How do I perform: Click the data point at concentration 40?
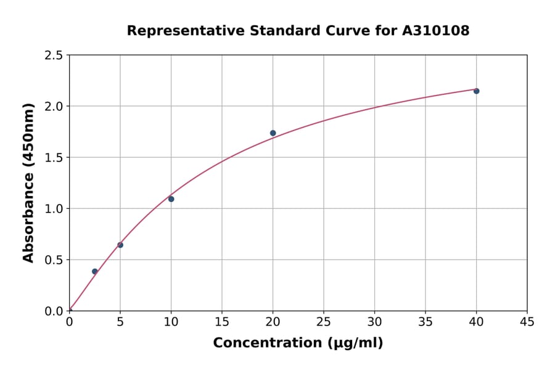(x=476, y=91)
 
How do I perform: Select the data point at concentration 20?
(x=273, y=133)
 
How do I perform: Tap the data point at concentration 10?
(x=171, y=199)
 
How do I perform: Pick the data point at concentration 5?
(x=120, y=245)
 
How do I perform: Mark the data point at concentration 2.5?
(x=95, y=271)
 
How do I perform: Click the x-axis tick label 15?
(x=222, y=322)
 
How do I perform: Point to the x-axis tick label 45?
(x=527, y=322)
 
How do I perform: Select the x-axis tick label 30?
(x=374, y=322)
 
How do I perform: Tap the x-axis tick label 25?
(x=324, y=322)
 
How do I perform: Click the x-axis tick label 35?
(x=425, y=322)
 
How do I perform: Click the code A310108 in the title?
(x=436, y=31)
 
